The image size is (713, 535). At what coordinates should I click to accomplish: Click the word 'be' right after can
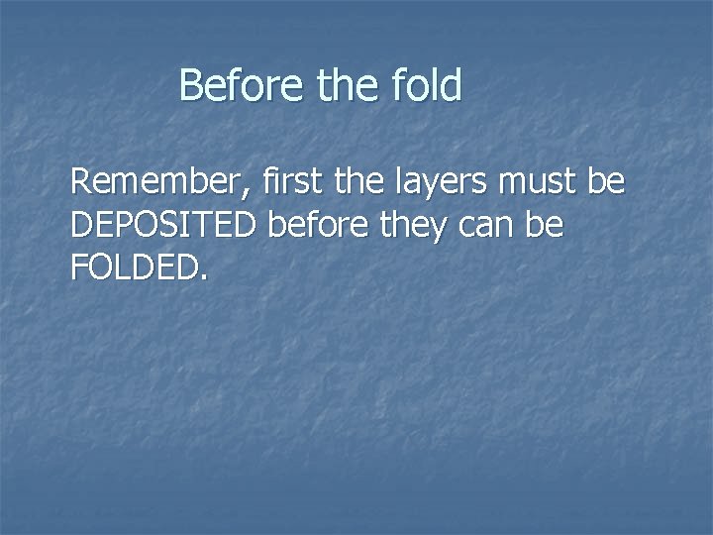click(x=546, y=226)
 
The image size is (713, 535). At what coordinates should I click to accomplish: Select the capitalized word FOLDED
click(x=135, y=268)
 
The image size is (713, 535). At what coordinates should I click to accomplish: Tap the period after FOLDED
click(x=204, y=278)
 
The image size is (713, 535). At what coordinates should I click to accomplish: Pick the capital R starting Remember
click(x=81, y=183)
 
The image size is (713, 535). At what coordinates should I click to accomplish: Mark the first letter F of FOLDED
click(x=79, y=268)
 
